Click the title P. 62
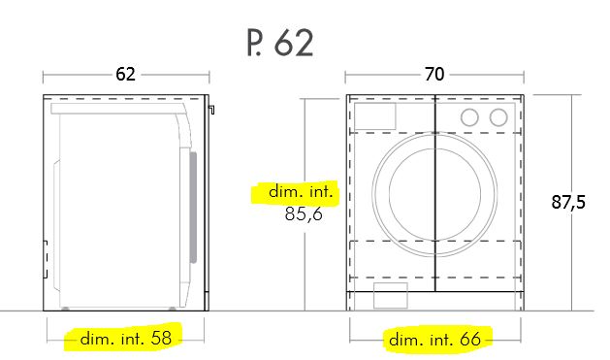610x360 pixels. click(280, 43)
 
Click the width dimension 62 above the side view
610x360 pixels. click(125, 74)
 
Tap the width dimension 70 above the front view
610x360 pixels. click(434, 74)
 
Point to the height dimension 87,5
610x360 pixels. click(568, 203)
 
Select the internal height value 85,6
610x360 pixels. click(304, 213)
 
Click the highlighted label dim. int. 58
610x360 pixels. click(126, 339)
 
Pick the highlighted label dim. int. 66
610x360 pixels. click(434, 340)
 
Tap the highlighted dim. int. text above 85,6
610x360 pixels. click(301, 192)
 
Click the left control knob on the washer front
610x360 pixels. click(469, 117)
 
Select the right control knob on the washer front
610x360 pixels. click(498, 117)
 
